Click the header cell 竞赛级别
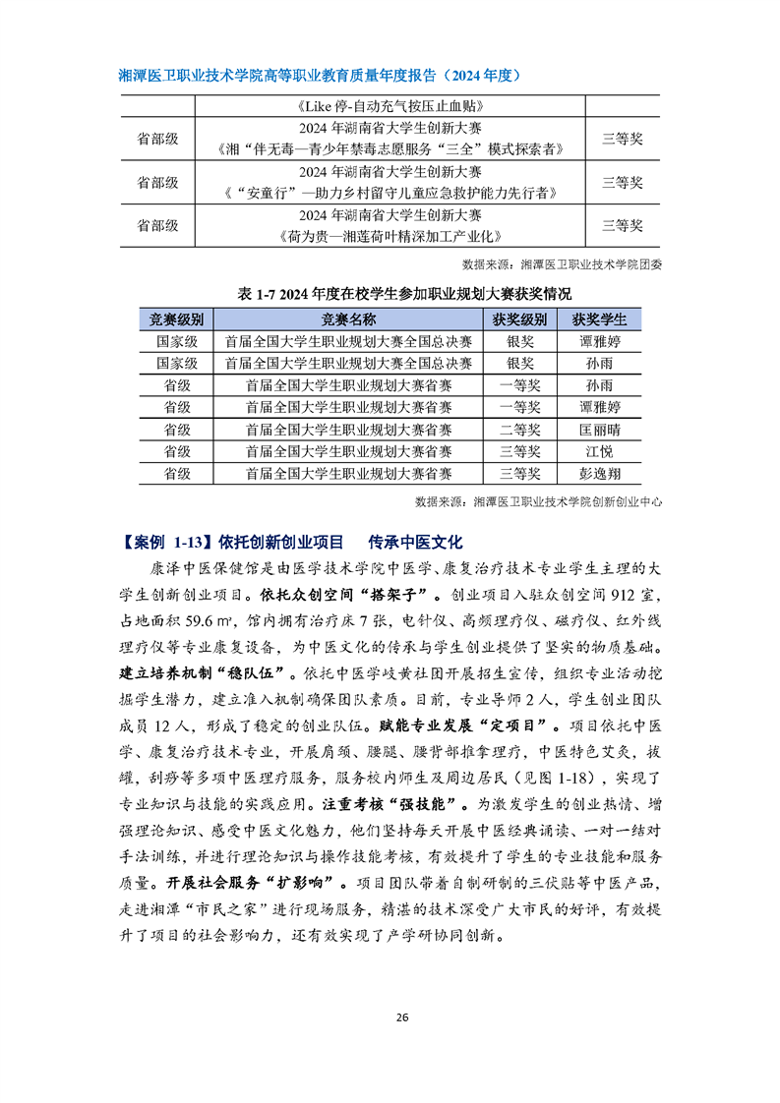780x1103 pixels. (176, 319)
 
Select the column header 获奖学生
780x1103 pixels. (599, 319)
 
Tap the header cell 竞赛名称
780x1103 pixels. (348, 319)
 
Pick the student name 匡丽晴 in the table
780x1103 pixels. (599, 429)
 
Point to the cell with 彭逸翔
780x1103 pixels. (599, 473)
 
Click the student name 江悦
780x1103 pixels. (599, 451)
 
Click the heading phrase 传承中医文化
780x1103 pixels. (414, 543)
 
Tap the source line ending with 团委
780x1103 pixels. (562, 263)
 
